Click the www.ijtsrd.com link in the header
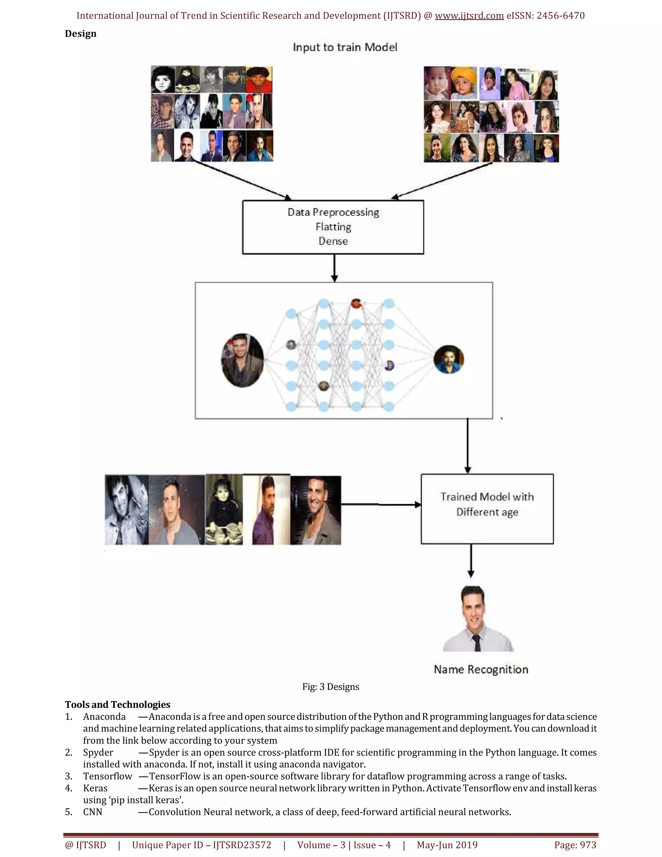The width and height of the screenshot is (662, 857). pyautogui.click(x=469, y=16)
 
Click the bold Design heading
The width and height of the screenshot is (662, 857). pyautogui.click(x=80, y=34)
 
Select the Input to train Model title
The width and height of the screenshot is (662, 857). pyautogui.click(x=345, y=48)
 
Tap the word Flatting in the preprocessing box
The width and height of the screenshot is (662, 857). pyautogui.click(x=333, y=227)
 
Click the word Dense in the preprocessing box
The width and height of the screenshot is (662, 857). pyautogui.click(x=333, y=241)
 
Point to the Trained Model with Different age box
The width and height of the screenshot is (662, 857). pyautogui.click(x=487, y=509)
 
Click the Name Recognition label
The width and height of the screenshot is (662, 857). pyautogui.click(x=481, y=669)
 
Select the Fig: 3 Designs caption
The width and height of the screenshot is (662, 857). pyautogui.click(x=331, y=687)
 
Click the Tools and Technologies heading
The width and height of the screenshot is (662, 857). pyautogui.click(x=117, y=704)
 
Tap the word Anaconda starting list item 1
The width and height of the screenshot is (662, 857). pyautogui.click(x=104, y=717)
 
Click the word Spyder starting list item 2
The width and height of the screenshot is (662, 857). pyautogui.click(x=98, y=752)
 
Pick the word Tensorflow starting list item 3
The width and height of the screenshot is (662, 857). pyautogui.click(x=107, y=776)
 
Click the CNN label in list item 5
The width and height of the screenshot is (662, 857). pyautogui.click(x=92, y=812)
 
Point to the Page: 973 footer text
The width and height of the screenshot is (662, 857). pyautogui.click(x=575, y=845)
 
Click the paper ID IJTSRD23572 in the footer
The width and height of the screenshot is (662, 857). pyautogui.click(x=242, y=845)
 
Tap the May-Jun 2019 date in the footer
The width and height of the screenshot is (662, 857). pyautogui.click(x=447, y=845)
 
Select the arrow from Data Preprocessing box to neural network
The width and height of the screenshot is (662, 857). pyautogui.click(x=334, y=268)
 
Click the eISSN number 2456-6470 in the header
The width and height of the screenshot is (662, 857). pyautogui.click(x=561, y=16)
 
